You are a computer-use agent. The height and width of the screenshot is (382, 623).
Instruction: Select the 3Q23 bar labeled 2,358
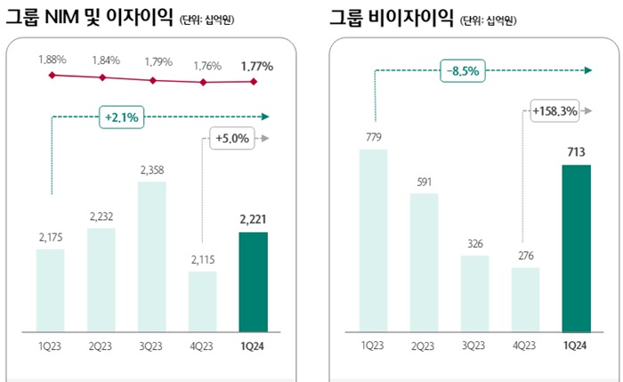(152, 256)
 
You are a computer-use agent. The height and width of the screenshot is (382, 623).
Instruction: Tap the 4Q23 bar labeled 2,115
(203, 300)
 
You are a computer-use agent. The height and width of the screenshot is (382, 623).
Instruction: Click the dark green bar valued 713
(577, 247)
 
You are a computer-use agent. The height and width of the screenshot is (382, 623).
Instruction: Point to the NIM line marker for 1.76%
(204, 82)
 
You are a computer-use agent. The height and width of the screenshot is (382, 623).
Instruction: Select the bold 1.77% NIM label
(256, 64)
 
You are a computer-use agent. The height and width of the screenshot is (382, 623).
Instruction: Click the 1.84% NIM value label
(103, 60)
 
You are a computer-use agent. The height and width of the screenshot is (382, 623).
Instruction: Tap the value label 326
(474, 243)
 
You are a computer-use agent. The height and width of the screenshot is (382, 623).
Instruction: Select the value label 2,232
(101, 215)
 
